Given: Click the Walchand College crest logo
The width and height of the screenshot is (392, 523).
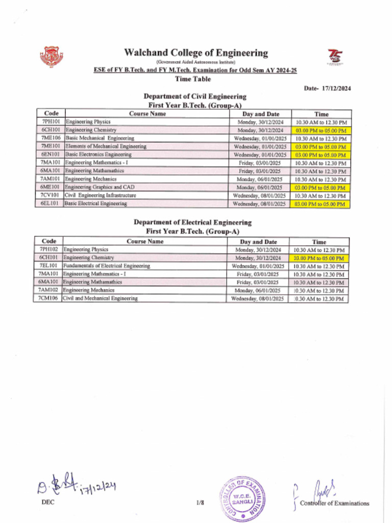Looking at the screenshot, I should tap(51, 57).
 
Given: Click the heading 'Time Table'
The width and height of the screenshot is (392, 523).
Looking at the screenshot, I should tap(192, 79).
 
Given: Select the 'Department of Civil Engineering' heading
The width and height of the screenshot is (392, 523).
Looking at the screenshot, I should tap(194, 96).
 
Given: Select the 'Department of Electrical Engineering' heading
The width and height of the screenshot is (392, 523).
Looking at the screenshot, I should tap(192, 222).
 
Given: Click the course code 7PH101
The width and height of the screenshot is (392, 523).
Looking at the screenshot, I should tap(51, 122).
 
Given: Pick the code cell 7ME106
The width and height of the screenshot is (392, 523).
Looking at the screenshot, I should tap(51, 138).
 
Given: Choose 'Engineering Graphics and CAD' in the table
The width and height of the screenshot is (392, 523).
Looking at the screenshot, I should tap(100, 187).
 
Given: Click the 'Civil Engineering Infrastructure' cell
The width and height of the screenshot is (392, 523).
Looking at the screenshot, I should tap(100, 196).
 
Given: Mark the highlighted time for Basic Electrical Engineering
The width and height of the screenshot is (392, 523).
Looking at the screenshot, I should tap(321, 204).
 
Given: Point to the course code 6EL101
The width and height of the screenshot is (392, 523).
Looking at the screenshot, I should tap(51, 204).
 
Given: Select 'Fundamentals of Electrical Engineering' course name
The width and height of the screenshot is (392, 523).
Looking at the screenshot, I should tap(106, 266).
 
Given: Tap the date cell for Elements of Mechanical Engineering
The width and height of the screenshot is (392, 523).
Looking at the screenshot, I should tap(260, 147).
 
